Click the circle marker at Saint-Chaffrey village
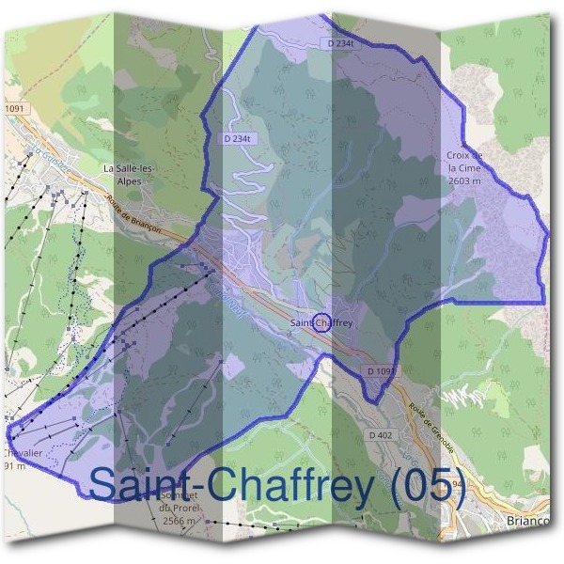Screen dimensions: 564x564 pos(321,322)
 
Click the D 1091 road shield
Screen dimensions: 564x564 pos(382,372)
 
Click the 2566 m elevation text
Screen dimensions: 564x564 pos(178,521)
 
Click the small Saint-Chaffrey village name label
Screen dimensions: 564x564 pos(321,323)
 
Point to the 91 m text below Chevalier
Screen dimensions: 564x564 pos(12,466)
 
